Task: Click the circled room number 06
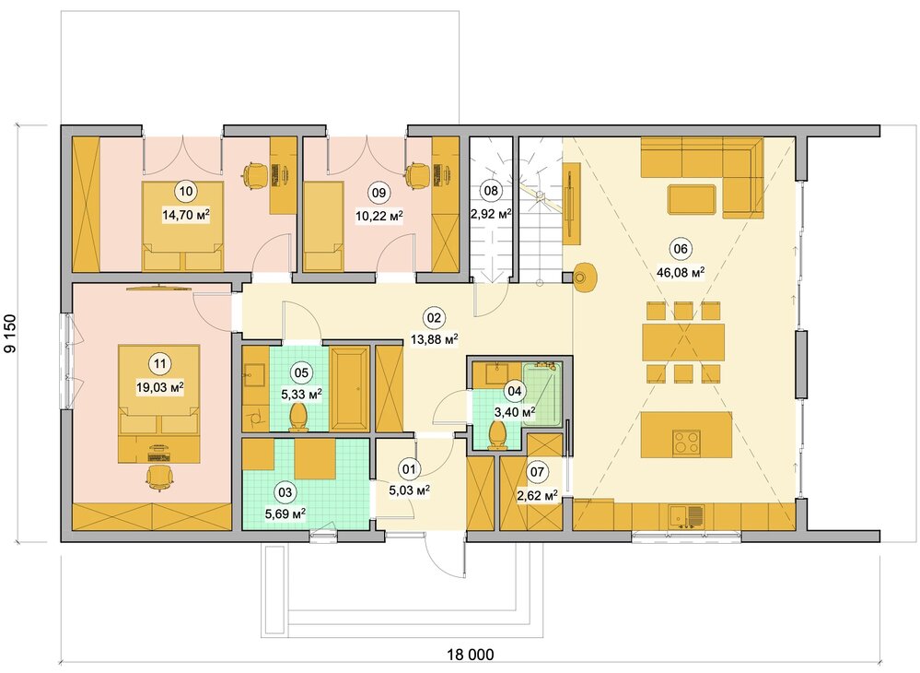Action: point(681,248)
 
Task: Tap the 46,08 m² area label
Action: point(681,273)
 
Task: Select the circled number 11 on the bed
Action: point(159,363)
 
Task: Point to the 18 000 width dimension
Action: point(471,655)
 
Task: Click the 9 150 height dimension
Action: point(10,334)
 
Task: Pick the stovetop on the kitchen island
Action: point(686,443)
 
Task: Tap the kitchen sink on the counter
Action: point(687,517)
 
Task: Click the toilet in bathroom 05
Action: point(298,417)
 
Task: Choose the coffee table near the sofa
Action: point(692,200)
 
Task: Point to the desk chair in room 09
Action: point(417,175)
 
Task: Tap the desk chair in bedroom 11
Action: point(157,477)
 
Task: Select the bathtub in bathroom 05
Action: point(350,389)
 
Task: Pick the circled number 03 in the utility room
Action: point(285,491)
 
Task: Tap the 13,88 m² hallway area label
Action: point(434,339)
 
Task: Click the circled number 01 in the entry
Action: point(408,468)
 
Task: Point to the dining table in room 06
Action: point(683,342)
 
